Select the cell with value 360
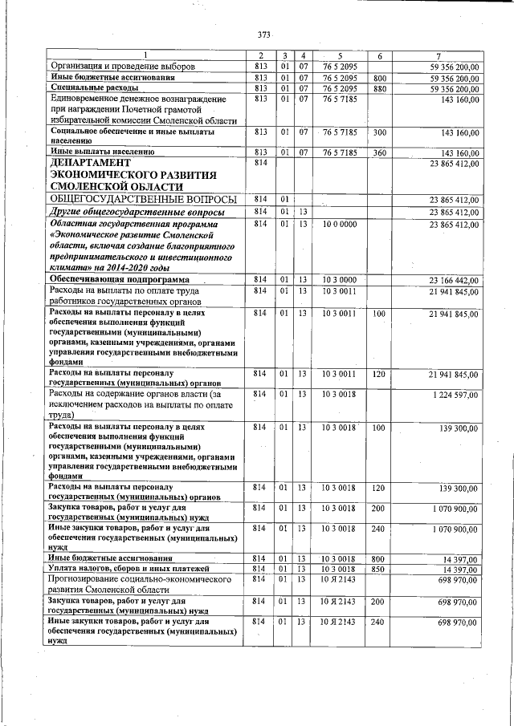point(380,152)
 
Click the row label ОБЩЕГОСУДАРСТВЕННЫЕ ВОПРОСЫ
point(143,198)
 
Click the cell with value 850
point(380,568)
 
